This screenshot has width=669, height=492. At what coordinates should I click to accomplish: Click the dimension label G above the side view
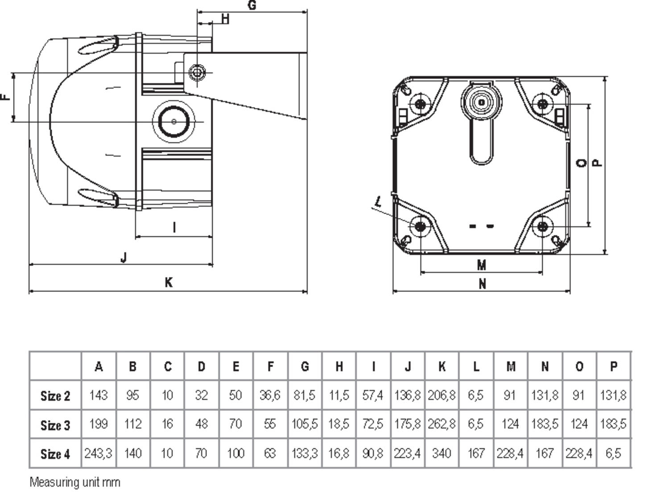pyautogui.click(x=252, y=5)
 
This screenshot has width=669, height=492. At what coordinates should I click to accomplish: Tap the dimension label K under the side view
pyautogui.click(x=168, y=282)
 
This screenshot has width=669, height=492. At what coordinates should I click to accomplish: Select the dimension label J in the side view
pyautogui.click(x=124, y=257)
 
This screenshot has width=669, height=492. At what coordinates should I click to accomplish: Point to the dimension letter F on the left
pyautogui.click(x=5, y=97)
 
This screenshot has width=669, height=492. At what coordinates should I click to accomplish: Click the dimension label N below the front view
pyautogui.click(x=482, y=284)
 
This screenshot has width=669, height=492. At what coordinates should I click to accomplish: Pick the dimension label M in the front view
pyautogui.click(x=481, y=265)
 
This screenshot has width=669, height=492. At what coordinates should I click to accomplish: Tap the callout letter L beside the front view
pyautogui.click(x=378, y=201)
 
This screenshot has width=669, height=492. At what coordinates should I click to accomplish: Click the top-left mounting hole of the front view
pyautogui.click(x=420, y=104)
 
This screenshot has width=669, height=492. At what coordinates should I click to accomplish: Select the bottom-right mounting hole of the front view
pyautogui.click(x=542, y=226)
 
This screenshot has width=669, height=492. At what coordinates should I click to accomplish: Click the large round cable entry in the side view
pyautogui.click(x=173, y=121)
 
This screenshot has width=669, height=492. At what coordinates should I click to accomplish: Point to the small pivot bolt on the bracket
pyautogui.click(x=197, y=72)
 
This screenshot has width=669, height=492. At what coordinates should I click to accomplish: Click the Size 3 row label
pyautogui.click(x=55, y=425)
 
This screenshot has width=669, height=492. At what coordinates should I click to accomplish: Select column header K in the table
pyautogui.click(x=442, y=367)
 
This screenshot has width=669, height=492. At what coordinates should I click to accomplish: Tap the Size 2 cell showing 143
pyautogui.click(x=99, y=395)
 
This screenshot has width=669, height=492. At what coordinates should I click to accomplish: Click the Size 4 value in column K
pyautogui.click(x=442, y=454)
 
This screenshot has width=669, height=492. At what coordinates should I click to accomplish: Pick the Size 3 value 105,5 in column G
pyautogui.click(x=305, y=424)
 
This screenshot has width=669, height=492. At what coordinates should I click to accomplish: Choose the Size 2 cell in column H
pyautogui.click(x=339, y=395)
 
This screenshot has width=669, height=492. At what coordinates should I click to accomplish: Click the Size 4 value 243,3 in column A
pyautogui.click(x=99, y=454)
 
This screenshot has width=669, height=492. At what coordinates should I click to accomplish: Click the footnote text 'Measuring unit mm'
pyautogui.click(x=75, y=482)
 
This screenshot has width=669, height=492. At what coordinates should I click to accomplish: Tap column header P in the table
pyautogui.click(x=614, y=367)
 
